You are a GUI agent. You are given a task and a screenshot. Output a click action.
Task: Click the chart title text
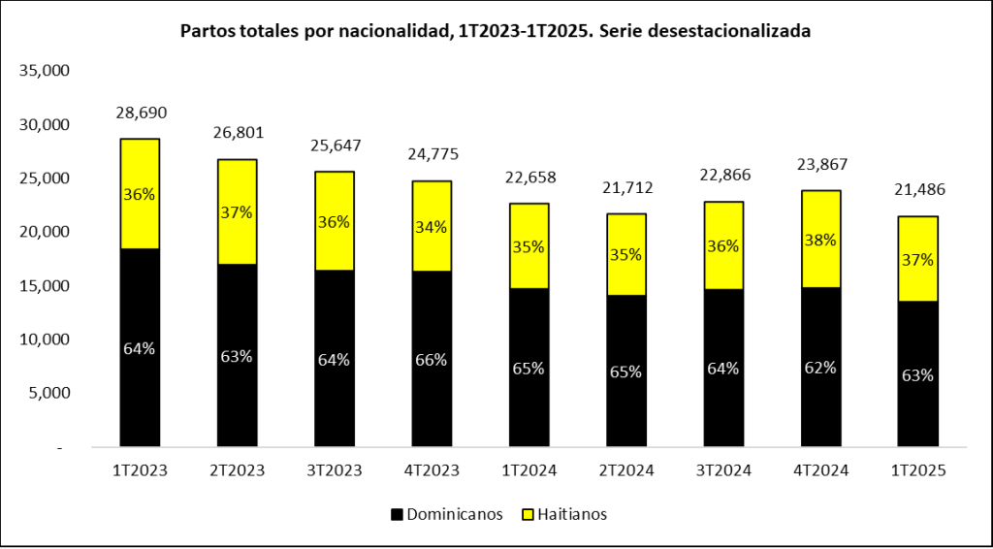[496, 31]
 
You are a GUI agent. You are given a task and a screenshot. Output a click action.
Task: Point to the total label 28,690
[142, 113]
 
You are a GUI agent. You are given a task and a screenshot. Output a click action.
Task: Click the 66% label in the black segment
[432, 359]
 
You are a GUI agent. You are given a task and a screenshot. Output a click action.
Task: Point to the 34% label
[432, 227]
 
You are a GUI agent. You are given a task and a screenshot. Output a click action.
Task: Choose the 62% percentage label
[820, 368]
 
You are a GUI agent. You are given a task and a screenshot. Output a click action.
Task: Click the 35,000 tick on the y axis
[45, 71]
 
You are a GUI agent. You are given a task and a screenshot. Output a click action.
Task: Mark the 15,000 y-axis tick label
[45, 286]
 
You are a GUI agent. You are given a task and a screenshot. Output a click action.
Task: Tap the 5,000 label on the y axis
[48, 393]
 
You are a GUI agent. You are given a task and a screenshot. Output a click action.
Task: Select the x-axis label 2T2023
[238, 470]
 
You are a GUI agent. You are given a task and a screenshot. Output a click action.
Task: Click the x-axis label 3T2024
[722, 470]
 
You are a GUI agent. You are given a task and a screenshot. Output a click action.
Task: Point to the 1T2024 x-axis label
[529, 470]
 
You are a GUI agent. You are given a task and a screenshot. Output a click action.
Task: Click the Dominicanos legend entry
[446, 514]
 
